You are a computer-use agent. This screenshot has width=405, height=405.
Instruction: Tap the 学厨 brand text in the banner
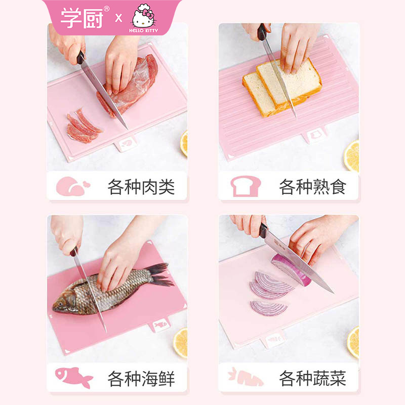point(82,17)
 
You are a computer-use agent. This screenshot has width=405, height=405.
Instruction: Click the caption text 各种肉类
point(141,187)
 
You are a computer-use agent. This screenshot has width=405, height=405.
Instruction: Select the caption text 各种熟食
point(312,187)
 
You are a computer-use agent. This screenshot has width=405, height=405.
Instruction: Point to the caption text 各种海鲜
point(141,379)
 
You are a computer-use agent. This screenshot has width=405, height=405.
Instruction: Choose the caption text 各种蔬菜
point(312,379)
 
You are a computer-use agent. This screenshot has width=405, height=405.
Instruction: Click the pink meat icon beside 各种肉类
point(73,186)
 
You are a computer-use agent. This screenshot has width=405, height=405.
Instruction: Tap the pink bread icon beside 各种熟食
point(246,186)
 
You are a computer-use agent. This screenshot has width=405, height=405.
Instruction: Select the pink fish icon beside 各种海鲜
point(74,377)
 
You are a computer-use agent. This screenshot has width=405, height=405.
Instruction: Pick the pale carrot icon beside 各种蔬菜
point(246,377)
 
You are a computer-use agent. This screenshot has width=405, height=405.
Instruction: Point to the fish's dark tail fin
point(160,274)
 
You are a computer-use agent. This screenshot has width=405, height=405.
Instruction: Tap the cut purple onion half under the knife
point(291,269)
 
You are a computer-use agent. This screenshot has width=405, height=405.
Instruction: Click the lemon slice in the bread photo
point(351,156)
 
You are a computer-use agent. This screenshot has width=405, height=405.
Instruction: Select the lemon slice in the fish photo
point(181,343)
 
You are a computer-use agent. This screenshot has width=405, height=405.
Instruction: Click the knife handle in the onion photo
point(263,231)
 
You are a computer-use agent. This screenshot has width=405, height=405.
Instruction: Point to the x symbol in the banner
point(118,18)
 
